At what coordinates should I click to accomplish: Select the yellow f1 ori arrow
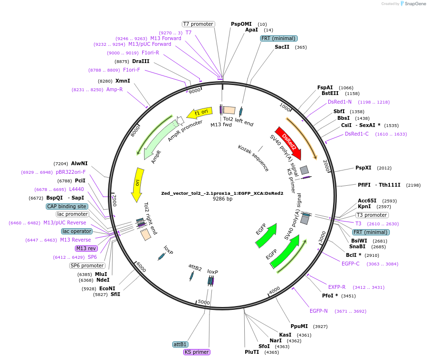200,112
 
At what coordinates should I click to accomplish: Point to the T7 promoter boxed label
198,24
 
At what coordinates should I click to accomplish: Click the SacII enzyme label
282,47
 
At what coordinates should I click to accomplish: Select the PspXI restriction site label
363,168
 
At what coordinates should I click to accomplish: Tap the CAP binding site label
67,206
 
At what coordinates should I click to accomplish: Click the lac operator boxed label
76,231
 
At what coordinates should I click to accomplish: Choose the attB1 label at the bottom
180,344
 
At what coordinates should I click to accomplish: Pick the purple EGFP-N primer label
318,311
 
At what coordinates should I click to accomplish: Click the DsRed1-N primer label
340,102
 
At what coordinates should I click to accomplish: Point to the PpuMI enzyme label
299,326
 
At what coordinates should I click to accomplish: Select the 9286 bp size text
222,199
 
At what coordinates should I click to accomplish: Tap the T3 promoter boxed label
369,215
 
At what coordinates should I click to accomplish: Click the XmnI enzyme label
123,81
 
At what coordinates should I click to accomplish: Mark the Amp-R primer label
115,89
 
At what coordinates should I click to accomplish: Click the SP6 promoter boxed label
87,265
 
